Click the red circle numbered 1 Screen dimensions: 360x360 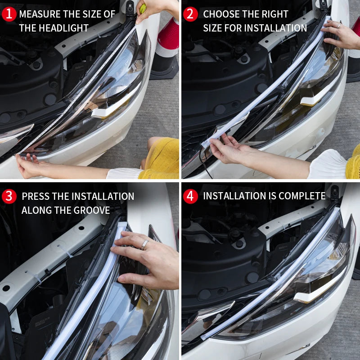pyautogui.click(x=9, y=14)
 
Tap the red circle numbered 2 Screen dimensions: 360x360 pyautogui.click(x=190, y=14)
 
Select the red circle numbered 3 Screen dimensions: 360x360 pyautogui.click(x=9, y=197)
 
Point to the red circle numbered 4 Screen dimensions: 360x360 pyautogui.click(x=190, y=196)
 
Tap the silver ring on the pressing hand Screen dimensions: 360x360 pyautogui.click(x=145, y=244)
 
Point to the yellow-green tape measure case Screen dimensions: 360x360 pyautogui.click(x=143, y=8)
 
